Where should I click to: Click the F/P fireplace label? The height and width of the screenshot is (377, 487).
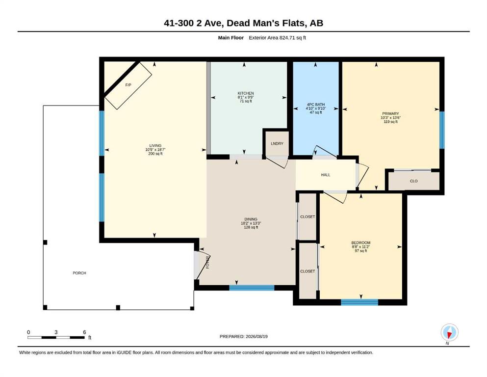[128, 85]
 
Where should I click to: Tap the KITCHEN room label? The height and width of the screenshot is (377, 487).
[246, 93]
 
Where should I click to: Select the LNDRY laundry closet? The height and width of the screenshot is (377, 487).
[277, 143]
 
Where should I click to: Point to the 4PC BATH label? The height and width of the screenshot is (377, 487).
[316, 105]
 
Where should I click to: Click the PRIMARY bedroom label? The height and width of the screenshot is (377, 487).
[390, 114]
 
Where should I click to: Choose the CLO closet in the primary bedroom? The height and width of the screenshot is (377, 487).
[414, 181]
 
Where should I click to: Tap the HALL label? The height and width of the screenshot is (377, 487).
[326, 175]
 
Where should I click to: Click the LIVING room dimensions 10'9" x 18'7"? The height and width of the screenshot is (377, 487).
[155, 150]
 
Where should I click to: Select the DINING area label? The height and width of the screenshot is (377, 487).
[251, 219]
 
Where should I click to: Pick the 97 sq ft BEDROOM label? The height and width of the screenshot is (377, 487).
[361, 251]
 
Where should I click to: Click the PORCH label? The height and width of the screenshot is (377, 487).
[79, 273]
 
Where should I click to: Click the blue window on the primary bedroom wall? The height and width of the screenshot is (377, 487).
[442, 130]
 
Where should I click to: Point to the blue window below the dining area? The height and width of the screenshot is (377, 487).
[252, 288]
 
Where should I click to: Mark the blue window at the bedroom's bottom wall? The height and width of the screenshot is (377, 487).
[359, 302]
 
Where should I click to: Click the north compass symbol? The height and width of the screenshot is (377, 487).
[449, 332]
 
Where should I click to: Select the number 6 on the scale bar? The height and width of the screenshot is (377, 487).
[84, 332]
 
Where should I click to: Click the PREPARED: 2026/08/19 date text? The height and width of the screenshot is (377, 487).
[243, 336]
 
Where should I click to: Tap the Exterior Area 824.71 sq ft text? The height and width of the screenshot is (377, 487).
[278, 38]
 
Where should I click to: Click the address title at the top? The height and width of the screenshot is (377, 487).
[243, 23]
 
